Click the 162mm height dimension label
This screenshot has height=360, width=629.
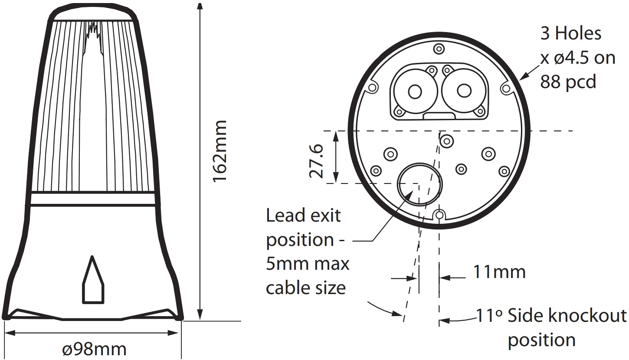click(x=219, y=151)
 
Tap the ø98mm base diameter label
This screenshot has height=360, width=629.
click(x=94, y=349)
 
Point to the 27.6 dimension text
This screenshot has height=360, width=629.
click(x=317, y=161)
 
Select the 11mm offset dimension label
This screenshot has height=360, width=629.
click(x=499, y=272)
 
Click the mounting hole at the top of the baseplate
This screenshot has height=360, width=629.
click(x=439, y=49)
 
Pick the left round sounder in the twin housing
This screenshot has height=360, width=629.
click(x=415, y=91)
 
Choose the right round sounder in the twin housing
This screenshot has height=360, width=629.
click(x=464, y=90)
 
